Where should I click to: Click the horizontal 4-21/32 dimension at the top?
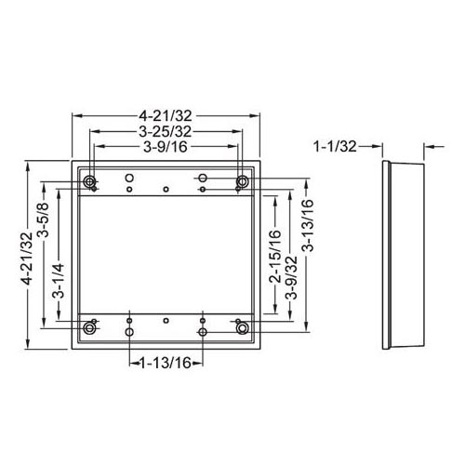[x=166, y=116]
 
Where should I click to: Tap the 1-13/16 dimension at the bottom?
[x=166, y=362]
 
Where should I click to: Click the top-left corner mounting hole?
[x=89, y=180]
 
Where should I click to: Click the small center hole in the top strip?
[x=166, y=189]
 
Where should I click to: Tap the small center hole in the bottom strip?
[x=166, y=319]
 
